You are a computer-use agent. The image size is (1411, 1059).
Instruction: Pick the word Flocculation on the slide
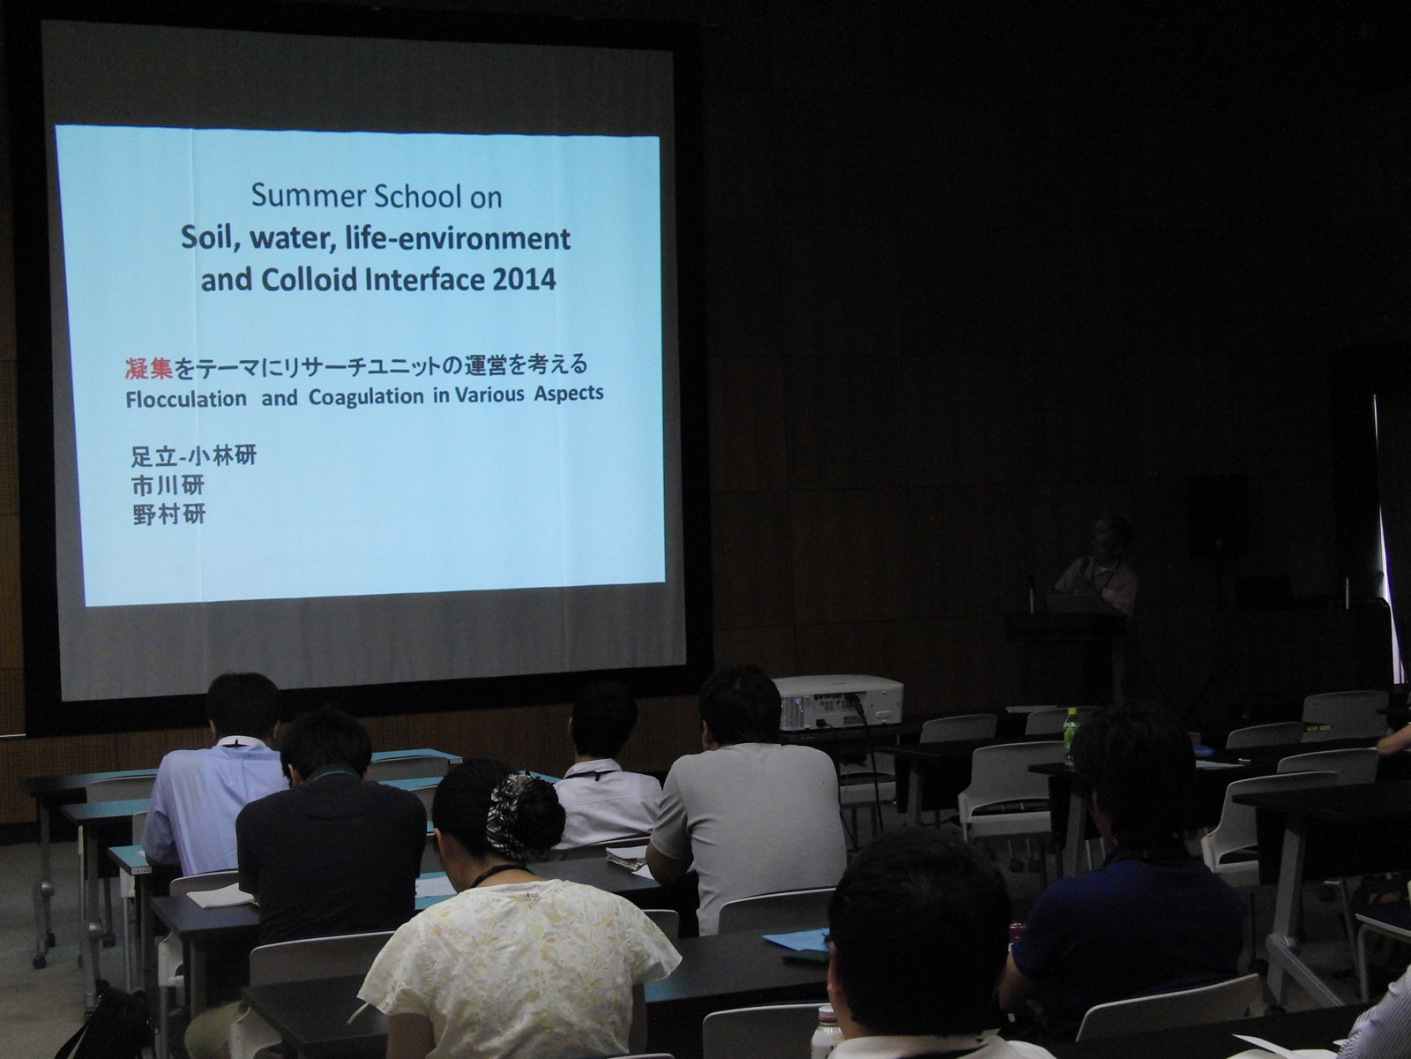point(186,399)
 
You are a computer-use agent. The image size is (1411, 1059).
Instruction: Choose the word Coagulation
point(366,396)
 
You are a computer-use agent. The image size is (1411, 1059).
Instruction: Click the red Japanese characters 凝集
point(149,367)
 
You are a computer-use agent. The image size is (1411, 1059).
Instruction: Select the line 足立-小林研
point(193,456)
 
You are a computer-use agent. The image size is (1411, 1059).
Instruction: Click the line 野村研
point(168,515)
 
